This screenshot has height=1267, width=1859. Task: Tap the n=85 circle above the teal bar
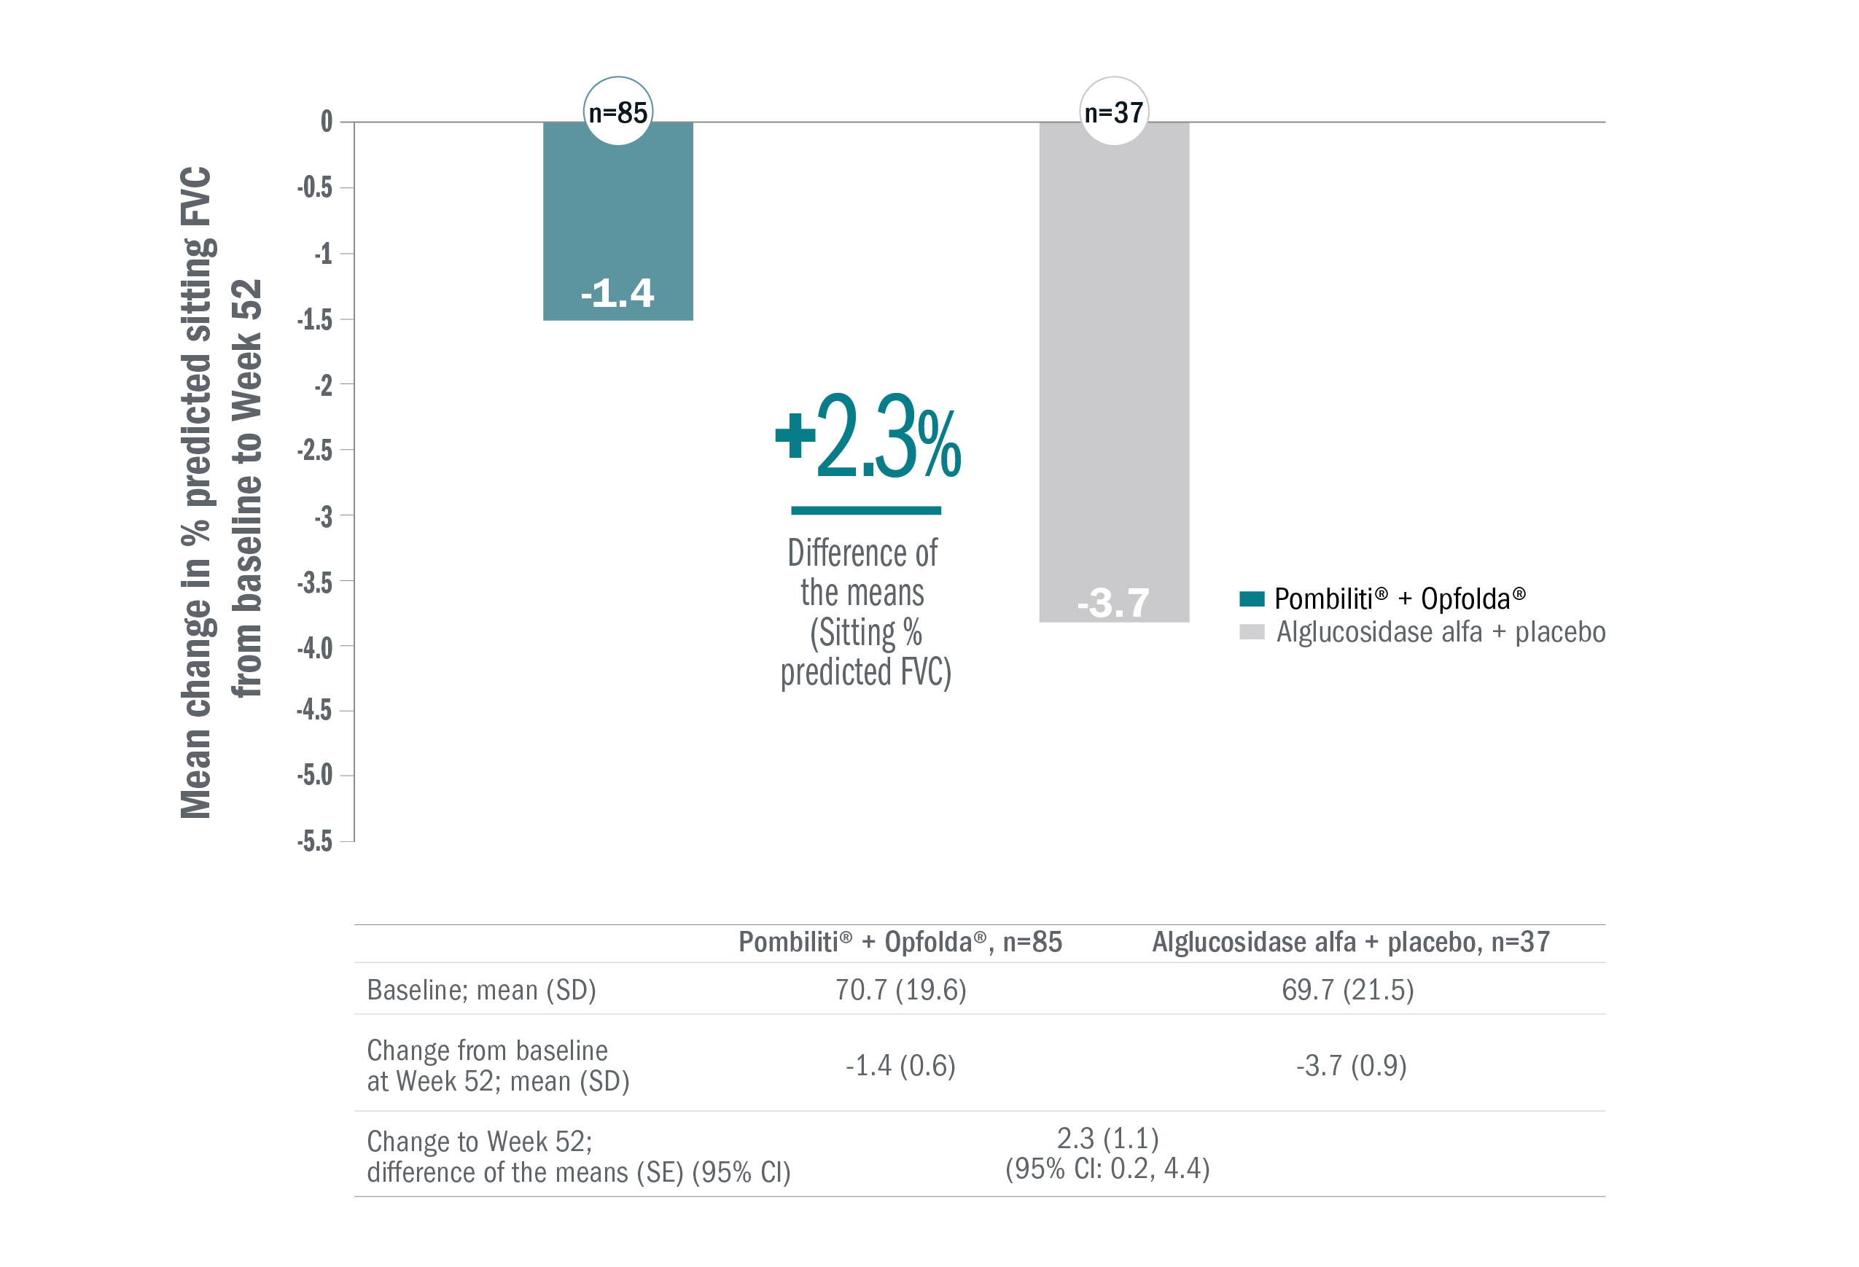click(x=617, y=112)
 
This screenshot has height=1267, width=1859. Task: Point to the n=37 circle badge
click(x=1113, y=112)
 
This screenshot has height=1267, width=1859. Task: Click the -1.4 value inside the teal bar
click(x=617, y=294)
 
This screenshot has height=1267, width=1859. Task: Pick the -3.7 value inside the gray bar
click(x=1113, y=603)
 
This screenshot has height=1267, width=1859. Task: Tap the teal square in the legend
click(x=1251, y=599)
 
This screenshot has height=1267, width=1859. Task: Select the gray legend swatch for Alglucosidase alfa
click(x=1251, y=632)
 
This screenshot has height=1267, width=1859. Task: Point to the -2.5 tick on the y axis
click(x=315, y=451)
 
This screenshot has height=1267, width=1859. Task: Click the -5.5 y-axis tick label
click(x=315, y=841)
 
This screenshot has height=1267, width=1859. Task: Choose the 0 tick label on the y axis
click(x=327, y=122)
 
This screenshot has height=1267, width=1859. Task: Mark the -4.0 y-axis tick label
click(x=315, y=647)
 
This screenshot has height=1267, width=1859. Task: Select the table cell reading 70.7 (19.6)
click(x=900, y=990)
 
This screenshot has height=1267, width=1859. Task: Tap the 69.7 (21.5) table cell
click(x=1348, y=990)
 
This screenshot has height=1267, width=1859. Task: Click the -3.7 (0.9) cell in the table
click(x=1351, y=1067)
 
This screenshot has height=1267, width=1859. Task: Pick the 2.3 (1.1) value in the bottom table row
click(x=1108, y=1138)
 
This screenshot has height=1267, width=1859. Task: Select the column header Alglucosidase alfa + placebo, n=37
click(x=1351, y=943)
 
